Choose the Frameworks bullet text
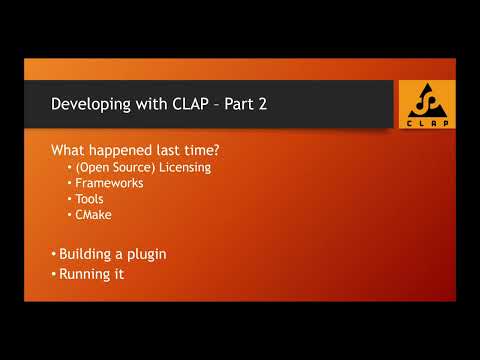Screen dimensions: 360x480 pos(110,183)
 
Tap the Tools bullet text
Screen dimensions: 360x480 pos(90,199)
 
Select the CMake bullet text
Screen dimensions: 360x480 pos(94,214)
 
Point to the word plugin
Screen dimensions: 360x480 pos(145,254)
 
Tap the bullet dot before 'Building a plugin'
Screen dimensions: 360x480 pos(54,254)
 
